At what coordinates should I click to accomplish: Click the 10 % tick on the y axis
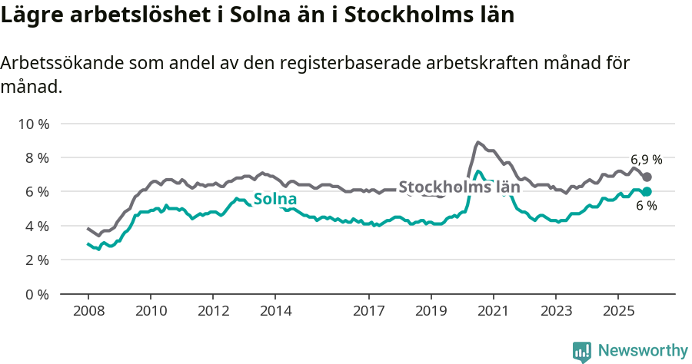pos(32,124)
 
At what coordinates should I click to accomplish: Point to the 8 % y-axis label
pos(35,157)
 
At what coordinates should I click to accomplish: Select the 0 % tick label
pos(35,294)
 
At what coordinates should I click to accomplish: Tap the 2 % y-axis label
pos(35,260)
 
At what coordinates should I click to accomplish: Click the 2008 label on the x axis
pos(88,311)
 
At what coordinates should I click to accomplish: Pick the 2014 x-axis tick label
pos(275,311)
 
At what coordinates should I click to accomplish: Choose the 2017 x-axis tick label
pos(369,311)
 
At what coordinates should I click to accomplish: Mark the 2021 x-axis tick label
pos(493,311)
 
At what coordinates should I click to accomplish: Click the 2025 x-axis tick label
pos(617,311)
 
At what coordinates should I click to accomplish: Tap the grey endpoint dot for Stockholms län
pos(647,177)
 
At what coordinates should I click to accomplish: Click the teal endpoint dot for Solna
pos(647,191)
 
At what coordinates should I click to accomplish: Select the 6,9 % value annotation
pos(646,160)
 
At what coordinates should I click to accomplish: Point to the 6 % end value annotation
pos(646,207)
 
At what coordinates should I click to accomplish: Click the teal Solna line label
pos(275,200)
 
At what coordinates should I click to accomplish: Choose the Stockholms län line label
pos(459,187)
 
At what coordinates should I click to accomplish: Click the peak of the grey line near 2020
pos(477,142)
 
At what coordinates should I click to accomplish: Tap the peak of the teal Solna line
pos(477,171)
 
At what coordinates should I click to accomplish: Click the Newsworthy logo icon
pos(582,352)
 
